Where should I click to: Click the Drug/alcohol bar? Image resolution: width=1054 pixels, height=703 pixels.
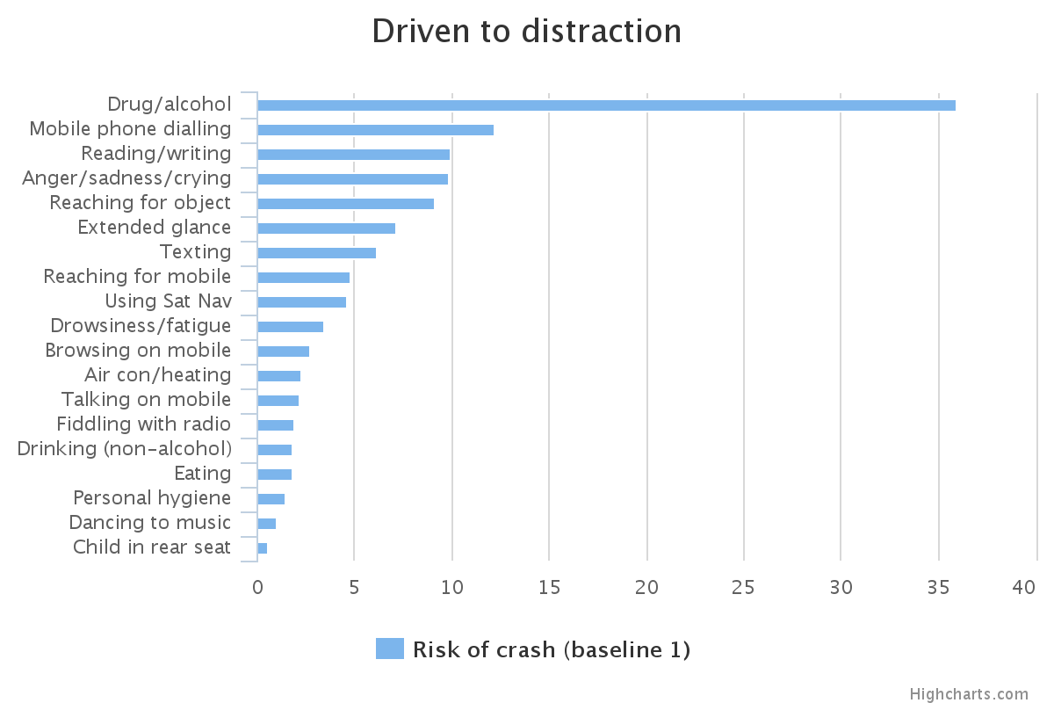click(606, 105)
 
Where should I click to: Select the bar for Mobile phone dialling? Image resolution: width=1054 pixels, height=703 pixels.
click(375, 130)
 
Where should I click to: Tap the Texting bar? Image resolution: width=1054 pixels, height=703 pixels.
click(316, 253)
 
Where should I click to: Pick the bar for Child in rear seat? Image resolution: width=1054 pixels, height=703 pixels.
click(262, 548)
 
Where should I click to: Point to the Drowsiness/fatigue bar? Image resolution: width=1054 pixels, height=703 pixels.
click(290, 327)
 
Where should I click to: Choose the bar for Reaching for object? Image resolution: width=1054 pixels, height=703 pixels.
click(345, 204)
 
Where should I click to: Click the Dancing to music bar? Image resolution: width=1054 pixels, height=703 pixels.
click(266, 524)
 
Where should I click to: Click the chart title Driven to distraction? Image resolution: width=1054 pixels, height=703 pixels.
click(526, 32)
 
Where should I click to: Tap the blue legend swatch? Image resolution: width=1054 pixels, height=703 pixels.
click(389, 649)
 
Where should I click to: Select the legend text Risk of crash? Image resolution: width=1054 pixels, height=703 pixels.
click(551, 649)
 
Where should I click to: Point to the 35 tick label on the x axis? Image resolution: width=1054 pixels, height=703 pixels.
click(938, 587)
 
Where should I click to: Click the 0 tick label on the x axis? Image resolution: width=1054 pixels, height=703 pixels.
click(257, 587)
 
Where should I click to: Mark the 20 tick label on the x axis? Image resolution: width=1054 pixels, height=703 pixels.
click(646, 587)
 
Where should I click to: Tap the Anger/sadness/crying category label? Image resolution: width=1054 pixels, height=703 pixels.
click(126, 178)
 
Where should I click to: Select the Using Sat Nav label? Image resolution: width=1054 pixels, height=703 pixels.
click(168, 301)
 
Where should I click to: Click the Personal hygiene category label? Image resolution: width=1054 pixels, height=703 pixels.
click(152, 498)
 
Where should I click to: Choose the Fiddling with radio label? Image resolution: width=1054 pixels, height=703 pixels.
click(144, 424)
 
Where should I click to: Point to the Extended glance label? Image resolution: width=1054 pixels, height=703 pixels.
click(154, 228)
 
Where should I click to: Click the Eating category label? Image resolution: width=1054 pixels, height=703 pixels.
click(202, 474)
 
